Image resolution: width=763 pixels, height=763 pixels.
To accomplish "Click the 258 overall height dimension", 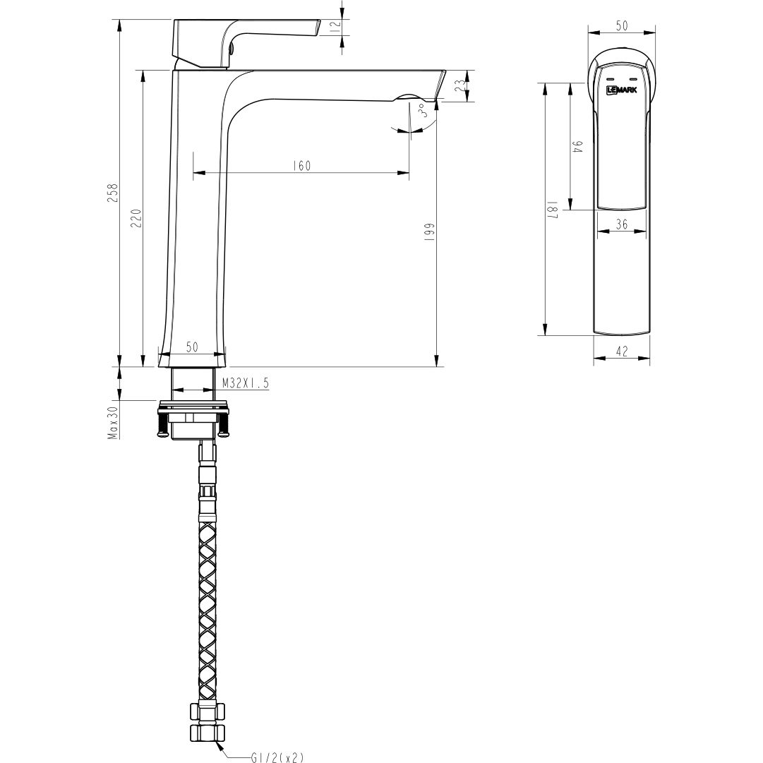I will (112, 193).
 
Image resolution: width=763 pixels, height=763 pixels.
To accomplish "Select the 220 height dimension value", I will (136, 218).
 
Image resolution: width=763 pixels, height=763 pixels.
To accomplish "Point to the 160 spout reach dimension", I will (301, 166).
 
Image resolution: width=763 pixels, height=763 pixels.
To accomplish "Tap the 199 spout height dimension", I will (429, 233).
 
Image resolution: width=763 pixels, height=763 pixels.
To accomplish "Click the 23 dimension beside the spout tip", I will (459, 86).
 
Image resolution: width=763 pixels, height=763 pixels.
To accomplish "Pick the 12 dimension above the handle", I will (336, 26).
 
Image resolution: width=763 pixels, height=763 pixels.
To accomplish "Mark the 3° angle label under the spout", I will (422, 111).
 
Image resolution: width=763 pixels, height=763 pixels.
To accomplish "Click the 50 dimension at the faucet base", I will (192, 347).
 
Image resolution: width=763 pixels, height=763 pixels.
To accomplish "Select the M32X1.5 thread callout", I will (245, 383).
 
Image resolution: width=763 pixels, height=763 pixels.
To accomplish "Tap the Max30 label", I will (112, 422).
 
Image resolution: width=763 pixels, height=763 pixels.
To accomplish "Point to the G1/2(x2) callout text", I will (277, 757).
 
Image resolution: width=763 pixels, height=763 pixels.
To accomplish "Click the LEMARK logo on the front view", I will (621, 90).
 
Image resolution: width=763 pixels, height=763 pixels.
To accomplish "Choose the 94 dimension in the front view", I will (577, 148).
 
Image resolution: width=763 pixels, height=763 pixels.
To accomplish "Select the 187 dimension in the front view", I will (553, 210).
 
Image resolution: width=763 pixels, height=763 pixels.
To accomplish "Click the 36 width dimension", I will (621, 224).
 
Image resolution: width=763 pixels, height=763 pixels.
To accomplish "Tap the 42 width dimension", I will (621, 351).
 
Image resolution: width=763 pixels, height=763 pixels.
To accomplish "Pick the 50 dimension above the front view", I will (622, 26).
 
